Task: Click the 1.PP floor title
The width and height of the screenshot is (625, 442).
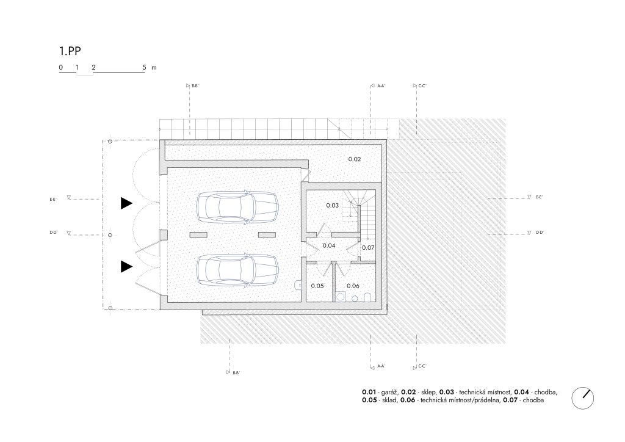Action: (70, 51)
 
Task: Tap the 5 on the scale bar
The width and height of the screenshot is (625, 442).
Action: (144, 67)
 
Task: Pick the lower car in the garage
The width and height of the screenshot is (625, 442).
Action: (237, 270)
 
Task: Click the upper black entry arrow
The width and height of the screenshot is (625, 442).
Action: (126, 203)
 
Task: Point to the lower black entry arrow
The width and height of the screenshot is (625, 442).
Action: (126, 267)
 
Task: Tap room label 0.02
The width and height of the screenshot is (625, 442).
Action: (355, 159)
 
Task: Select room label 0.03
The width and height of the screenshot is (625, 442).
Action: (333, 205)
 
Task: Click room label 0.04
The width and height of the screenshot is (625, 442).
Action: (329, 245)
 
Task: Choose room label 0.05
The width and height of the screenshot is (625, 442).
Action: (317, 286)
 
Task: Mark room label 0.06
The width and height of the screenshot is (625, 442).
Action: (353, 286)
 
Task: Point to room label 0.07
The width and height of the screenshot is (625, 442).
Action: (368, 247)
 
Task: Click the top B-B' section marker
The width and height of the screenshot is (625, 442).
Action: (192, 85)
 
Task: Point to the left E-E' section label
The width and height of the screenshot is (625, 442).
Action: (53, 199)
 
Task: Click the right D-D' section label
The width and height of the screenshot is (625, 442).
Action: (540, 233)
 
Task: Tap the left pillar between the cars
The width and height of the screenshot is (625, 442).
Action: (198, 235)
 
